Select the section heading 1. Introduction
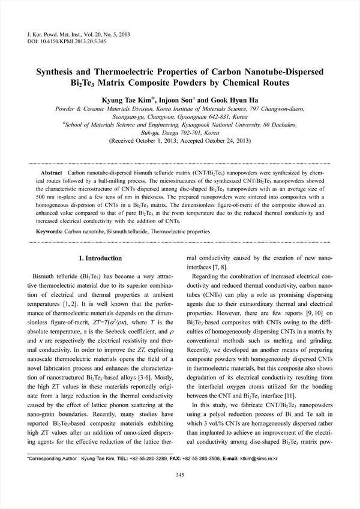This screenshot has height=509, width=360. [100, 258]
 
